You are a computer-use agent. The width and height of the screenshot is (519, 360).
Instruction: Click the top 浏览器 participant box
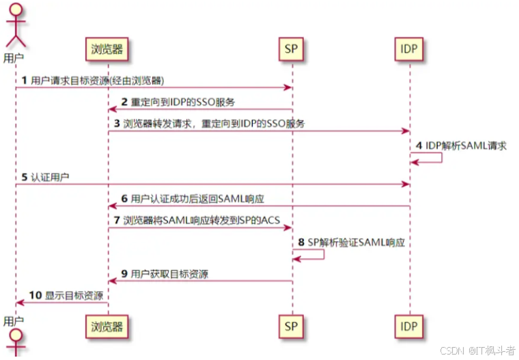click(108, 49)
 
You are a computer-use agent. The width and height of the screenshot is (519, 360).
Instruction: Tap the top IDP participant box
click(410, 49)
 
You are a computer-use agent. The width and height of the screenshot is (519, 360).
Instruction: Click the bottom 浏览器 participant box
click(108, 327)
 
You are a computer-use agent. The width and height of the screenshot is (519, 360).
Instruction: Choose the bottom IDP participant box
click(410, 327)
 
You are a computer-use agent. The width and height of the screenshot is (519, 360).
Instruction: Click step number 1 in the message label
click(25, 80)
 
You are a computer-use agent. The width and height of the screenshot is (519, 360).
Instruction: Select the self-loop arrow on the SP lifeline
click(311, 254)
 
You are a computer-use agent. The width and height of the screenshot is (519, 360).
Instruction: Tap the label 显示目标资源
click(74, 295)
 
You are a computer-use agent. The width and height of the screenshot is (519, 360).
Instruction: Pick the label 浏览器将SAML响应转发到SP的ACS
click(202, 220)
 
